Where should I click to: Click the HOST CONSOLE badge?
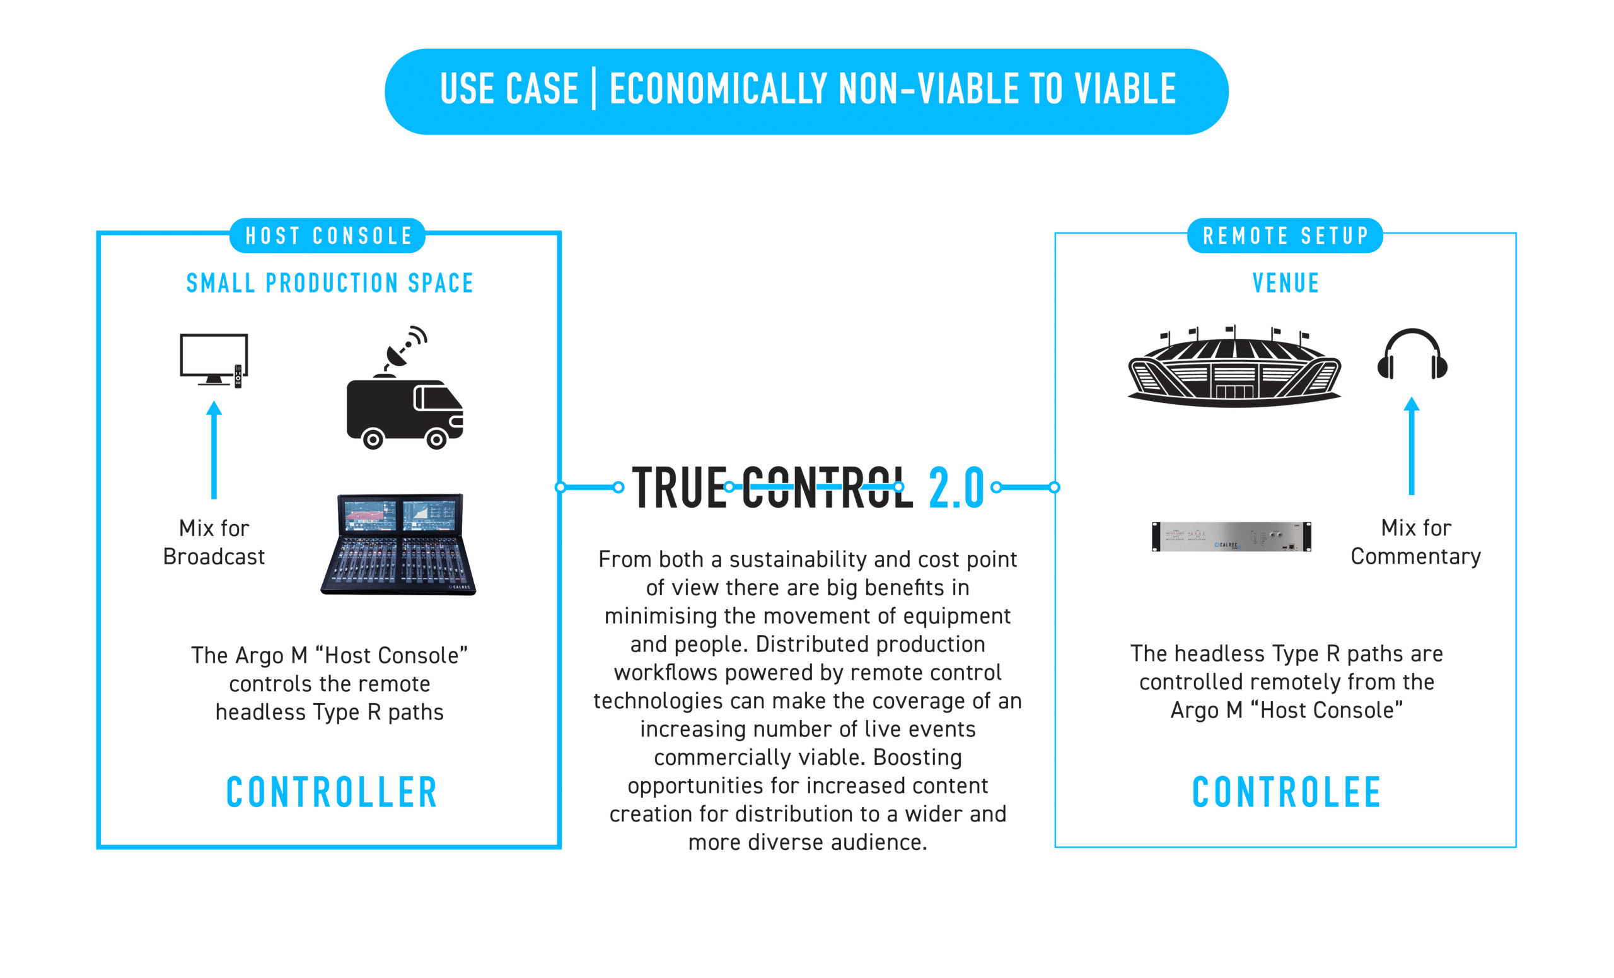point(327,235)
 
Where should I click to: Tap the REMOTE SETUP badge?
point(1285,235)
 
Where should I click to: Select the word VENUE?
point(1286,283)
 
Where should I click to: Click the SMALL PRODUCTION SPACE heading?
point(330,283)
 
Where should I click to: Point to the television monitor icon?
point(214,359)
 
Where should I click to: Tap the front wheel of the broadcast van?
point(436,438)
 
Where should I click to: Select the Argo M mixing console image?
point(398,544)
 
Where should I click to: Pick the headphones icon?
point(1412,354)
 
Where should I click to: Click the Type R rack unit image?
point(1231,537)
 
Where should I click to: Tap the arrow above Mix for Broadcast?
point(214,450)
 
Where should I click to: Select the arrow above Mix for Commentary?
point(1412,445)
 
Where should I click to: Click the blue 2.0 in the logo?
point(956,487)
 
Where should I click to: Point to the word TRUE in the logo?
point(680,487)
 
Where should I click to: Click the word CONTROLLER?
point(332,792)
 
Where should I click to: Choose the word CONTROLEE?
point(1287,792)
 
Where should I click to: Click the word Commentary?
point(1415,556)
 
